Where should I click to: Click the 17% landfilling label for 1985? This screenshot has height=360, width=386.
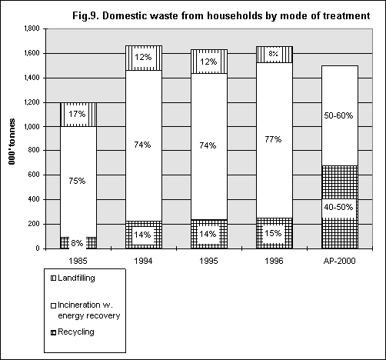tap(77, 114)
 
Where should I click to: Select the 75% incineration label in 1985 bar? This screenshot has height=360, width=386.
tap(77, 181)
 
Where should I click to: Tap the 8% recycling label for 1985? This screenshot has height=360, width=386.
tap(77, 243)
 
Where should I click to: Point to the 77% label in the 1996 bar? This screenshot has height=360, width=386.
tap(273, 139)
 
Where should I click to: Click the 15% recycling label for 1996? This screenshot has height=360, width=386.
tap(273, 233)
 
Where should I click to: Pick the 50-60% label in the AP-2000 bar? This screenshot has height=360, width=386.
tap(338, 115)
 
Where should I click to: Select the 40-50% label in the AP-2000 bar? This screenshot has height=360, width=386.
tap(338, 207)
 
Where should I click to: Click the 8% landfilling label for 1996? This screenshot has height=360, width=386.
tap(273, 54)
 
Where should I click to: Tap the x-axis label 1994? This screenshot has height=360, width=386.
tap(143, 261)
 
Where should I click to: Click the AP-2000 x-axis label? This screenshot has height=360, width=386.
tap(339, 261)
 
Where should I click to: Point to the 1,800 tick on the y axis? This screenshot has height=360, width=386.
tap(32, 28)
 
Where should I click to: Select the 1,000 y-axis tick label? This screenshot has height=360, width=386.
tap(32, 127)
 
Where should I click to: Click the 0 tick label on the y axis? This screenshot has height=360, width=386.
tap(38, 248)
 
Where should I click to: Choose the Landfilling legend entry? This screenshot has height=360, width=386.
tap(73, 278)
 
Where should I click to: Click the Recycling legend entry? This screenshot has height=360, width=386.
tap(73, 332)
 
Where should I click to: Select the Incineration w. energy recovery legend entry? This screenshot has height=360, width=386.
tap(85, 310)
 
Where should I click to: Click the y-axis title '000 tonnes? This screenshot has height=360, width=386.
tap(12, 142)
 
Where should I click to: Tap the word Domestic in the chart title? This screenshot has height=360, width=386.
tap(125, 15)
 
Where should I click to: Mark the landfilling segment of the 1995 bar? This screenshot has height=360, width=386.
tap(209, 62)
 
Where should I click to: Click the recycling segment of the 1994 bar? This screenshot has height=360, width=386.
tap(144, 235)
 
